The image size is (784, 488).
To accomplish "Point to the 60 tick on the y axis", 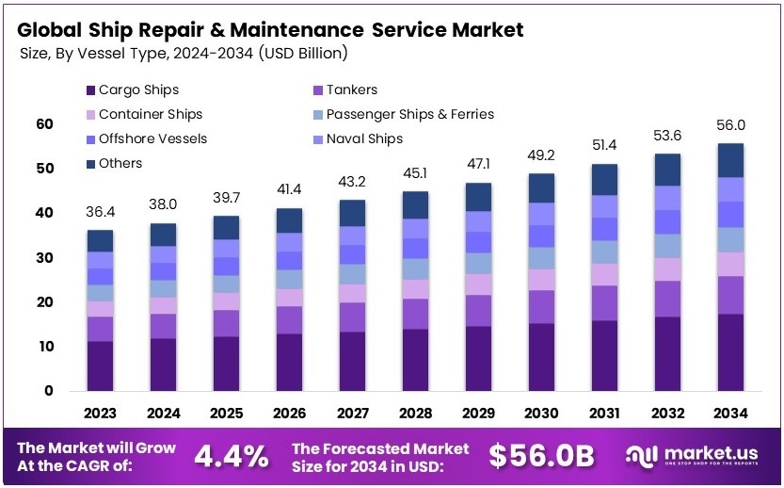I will (x=44, y=124).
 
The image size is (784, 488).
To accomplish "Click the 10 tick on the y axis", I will (x=44, y=347).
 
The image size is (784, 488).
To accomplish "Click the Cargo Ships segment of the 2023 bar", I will (x=101, y=366).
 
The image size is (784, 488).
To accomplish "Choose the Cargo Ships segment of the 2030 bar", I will (x=541, y=357).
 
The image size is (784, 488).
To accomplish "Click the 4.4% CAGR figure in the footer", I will (x=231, y=456).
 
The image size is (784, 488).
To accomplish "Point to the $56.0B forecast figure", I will (x=542, y=456).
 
